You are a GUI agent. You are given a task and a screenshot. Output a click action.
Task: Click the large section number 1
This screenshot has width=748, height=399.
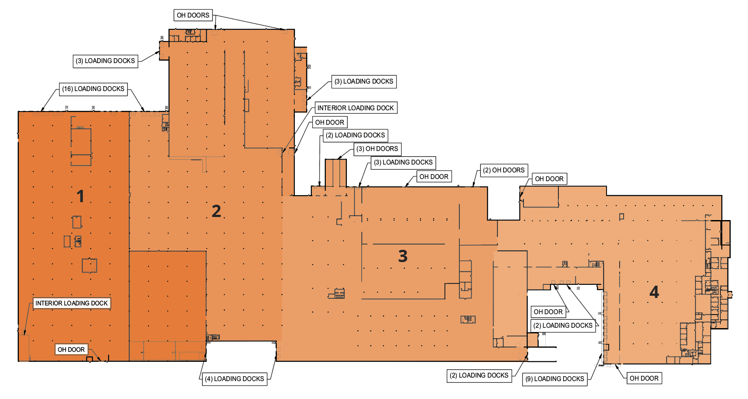pos(80,196)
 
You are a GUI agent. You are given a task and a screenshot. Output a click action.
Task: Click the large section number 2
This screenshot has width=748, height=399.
pos(216,211)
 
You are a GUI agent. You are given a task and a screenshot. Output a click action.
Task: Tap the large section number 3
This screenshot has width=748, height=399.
pos(403,256)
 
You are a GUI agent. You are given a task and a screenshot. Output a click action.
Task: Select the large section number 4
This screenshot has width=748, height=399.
pos(654,292)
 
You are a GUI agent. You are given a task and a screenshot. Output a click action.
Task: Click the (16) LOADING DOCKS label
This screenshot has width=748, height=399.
pos(93,89)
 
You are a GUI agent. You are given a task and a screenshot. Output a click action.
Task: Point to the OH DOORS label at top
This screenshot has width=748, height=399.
pos(193,15)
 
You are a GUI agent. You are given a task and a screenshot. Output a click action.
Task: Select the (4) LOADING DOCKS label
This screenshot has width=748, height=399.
pos(235,379)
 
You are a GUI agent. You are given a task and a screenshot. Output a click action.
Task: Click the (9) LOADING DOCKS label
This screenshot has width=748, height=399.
pos(555,379)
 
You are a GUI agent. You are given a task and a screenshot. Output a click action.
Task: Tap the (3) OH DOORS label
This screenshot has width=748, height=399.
pos(377,149)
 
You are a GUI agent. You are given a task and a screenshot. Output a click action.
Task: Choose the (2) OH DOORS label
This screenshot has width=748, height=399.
pos(504,170)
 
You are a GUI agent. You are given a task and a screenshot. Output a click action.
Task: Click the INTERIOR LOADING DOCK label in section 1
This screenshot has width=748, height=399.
pos(71,303)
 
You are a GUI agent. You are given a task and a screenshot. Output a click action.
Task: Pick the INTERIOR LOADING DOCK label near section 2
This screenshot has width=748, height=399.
pos(356,108)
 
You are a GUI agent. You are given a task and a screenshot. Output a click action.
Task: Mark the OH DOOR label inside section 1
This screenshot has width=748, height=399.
pos(71,350)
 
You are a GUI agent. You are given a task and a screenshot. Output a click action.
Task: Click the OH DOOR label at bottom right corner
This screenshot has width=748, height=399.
pos(644,378)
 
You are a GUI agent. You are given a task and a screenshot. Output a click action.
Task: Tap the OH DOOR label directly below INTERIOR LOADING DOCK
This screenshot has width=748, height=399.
pos(330,122)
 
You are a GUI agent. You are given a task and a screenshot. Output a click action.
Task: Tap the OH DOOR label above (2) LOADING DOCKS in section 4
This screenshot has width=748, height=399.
pos(548,312)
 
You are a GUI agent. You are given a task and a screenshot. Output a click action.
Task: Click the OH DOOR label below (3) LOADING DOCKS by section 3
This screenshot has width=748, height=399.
pos(434,177)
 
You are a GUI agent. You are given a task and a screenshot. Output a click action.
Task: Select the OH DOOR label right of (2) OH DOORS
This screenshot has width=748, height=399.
pos(549,179)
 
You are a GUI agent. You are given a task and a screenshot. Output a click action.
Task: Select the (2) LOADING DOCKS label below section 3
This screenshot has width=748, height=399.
pos(479,375)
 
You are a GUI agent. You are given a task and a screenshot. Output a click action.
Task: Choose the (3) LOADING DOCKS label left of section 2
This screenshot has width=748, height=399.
pos(106,61)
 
